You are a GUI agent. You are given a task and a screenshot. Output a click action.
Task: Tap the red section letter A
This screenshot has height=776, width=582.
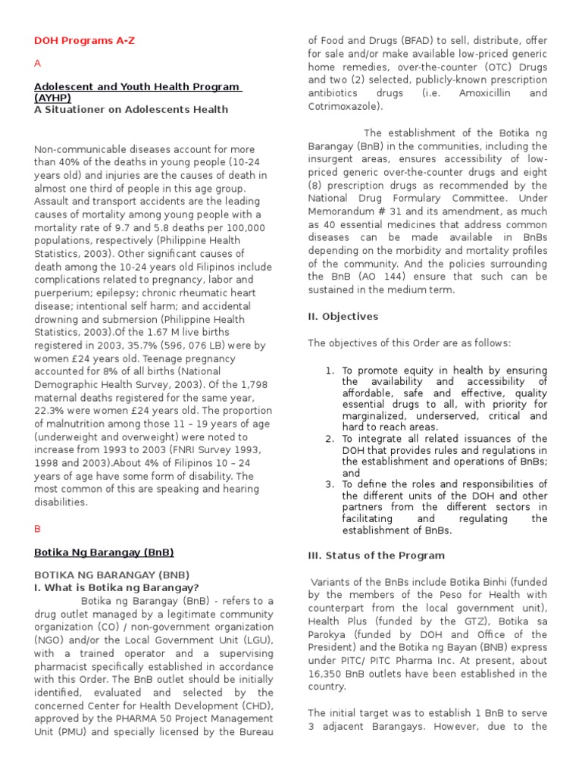(x=38, y=64)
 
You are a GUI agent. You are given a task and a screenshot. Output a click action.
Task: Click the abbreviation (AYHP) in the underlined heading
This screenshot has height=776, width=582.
(x=53, y=98)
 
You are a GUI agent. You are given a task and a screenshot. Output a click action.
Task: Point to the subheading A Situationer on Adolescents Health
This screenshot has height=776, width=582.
(x=131, y=109)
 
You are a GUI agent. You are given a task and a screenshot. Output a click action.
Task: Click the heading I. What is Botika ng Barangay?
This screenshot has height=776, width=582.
(x=117, y=587)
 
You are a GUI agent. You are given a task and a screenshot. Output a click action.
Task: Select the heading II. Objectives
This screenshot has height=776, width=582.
(x=343, y=316)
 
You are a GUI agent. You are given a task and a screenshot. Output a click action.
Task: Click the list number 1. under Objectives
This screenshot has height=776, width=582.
(x=330, y=371)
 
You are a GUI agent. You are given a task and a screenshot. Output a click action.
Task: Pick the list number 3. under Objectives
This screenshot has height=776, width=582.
(x=330, y=484)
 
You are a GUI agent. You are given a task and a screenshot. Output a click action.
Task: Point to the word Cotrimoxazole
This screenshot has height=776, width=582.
(x=346, y=106)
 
